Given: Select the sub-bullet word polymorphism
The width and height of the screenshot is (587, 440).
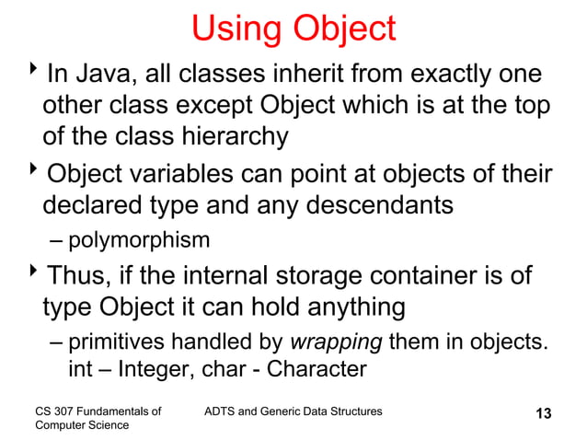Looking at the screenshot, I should (139, 241).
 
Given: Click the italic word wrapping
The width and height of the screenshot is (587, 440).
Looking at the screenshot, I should (337, 344).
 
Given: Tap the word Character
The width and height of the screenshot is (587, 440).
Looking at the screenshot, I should (315, 369).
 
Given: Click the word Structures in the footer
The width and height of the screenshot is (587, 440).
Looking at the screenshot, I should (353, 409).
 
